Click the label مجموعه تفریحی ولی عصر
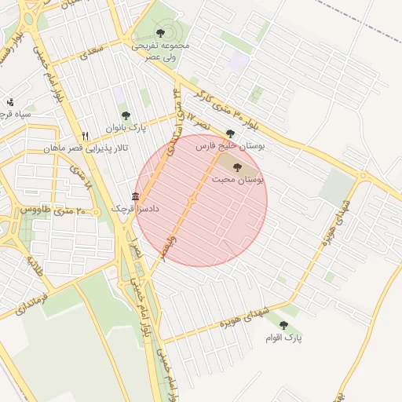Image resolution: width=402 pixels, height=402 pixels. (x=160, y=51)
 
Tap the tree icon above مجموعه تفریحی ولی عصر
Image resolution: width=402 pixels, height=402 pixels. (x=160, y=33)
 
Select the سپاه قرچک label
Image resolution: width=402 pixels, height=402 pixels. (x=16, y=115)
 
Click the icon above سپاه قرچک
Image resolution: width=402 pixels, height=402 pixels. (x=9, y=101)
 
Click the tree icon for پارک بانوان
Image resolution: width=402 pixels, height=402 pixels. (x=126, y=115)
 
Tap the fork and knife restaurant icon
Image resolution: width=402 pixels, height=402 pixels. (x=86, y=135)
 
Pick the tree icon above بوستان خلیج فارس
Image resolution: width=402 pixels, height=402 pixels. (x=229, y=133)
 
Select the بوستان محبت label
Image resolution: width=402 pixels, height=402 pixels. (x=237, y=180)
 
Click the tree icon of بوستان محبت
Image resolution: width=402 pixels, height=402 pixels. (x=237, y=166)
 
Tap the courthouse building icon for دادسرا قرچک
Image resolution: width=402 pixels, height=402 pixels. (x=136, y=196)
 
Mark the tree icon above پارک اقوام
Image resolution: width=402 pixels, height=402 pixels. (x=283, y=325)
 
